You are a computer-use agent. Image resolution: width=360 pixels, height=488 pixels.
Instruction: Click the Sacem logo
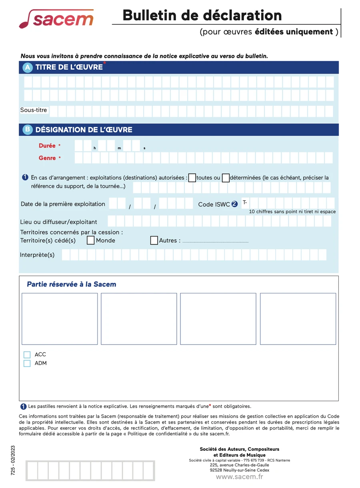56,19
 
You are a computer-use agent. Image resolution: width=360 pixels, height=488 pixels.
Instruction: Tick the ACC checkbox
27,355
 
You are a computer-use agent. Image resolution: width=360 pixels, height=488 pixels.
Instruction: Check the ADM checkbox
27,363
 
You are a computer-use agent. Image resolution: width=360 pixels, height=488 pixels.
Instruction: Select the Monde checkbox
91,240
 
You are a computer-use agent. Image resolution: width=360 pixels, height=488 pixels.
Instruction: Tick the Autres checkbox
154,240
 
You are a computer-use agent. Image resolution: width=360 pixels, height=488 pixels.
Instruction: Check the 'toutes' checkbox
192,177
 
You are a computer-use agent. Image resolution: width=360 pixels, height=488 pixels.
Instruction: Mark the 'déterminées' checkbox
226,177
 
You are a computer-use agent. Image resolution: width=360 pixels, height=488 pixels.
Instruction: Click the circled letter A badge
28,68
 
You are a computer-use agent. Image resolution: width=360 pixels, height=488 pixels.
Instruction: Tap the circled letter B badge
28,129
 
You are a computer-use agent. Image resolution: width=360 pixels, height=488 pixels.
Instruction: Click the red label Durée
47,145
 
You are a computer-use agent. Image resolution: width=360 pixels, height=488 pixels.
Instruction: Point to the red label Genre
47,158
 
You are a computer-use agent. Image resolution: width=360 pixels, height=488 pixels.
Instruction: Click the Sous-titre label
34,110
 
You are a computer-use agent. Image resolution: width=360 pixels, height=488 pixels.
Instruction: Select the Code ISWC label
214,204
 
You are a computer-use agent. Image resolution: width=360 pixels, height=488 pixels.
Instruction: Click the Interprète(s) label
37,255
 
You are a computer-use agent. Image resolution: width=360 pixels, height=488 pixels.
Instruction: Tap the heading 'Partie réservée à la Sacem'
72,285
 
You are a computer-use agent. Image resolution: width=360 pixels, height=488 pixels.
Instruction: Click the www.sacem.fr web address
239,476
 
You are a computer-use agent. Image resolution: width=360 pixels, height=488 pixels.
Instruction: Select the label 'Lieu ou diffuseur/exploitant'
58,222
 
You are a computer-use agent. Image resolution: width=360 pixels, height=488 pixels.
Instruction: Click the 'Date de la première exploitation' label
63,204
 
